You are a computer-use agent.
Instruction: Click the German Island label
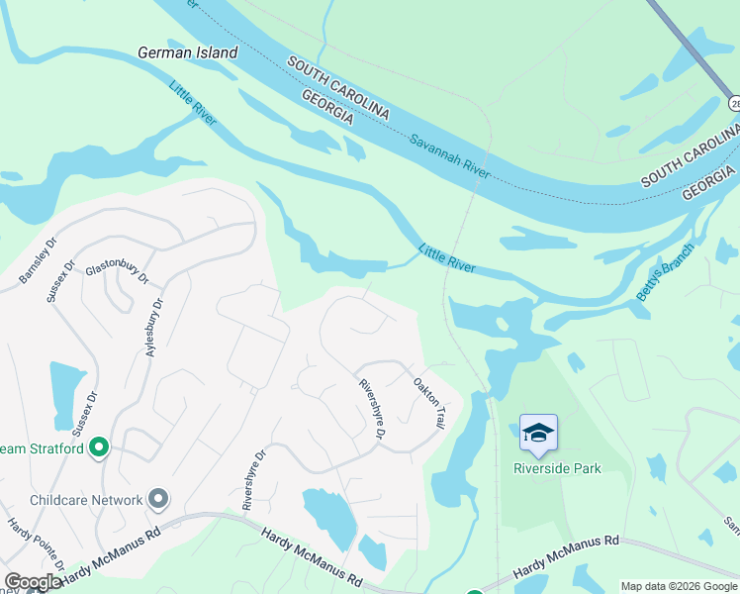click(188, 52)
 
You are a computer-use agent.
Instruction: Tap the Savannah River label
click(450, 156)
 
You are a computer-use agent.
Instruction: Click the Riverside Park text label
click(557, 468)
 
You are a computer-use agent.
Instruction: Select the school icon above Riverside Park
click(538, 433)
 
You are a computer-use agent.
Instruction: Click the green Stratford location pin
click(98, 448)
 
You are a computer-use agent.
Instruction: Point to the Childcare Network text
click(87, 500)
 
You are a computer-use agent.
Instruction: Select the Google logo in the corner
click(33, 582)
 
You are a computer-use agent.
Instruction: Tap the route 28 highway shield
click(734, 103)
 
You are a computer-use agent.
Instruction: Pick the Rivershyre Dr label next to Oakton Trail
click(371, 409)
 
